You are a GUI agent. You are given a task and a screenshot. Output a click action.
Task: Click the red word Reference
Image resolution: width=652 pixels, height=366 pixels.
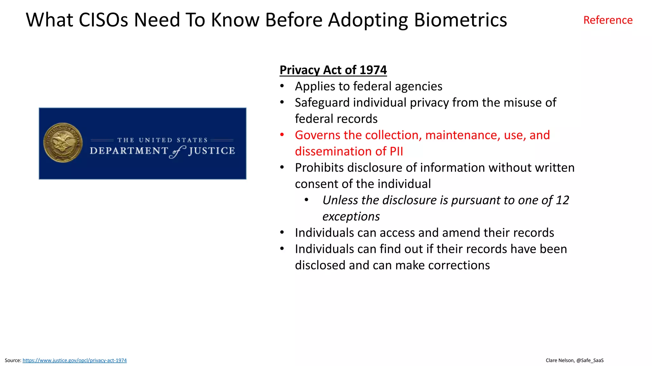click(607, 20)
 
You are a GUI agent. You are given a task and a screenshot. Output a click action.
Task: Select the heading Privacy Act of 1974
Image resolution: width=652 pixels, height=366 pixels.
click(333, 70)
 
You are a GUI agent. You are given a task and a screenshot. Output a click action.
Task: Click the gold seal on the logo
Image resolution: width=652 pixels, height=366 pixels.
click(63, 143)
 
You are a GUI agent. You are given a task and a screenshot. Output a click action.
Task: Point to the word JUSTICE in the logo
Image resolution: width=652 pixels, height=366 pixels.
click(212, 151)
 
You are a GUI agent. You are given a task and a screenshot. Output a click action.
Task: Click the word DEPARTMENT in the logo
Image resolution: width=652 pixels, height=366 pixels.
click(129, 151)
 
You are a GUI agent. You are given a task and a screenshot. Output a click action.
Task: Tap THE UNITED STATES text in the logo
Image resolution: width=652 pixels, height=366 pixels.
click(162, 140)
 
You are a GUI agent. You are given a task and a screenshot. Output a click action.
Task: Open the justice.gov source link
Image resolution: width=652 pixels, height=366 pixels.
click(74, 360)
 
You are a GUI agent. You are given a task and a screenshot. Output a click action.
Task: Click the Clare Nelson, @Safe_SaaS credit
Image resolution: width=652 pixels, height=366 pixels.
click(574, 360)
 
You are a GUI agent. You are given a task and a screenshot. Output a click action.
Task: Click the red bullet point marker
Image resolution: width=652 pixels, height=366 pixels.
click(282, 135)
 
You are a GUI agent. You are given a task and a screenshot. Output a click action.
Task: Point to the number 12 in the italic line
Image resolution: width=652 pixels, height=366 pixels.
click(562, 200)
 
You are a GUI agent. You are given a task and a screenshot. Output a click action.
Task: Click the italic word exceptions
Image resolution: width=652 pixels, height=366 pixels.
click(351, 216)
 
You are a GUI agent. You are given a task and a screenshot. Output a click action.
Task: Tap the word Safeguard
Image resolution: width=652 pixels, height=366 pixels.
click(322, 103)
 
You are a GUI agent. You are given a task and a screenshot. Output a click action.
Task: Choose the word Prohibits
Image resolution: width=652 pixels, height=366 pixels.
click(319, 167)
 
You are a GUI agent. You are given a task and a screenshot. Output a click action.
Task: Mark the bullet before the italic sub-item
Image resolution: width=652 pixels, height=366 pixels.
click(306, 200)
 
